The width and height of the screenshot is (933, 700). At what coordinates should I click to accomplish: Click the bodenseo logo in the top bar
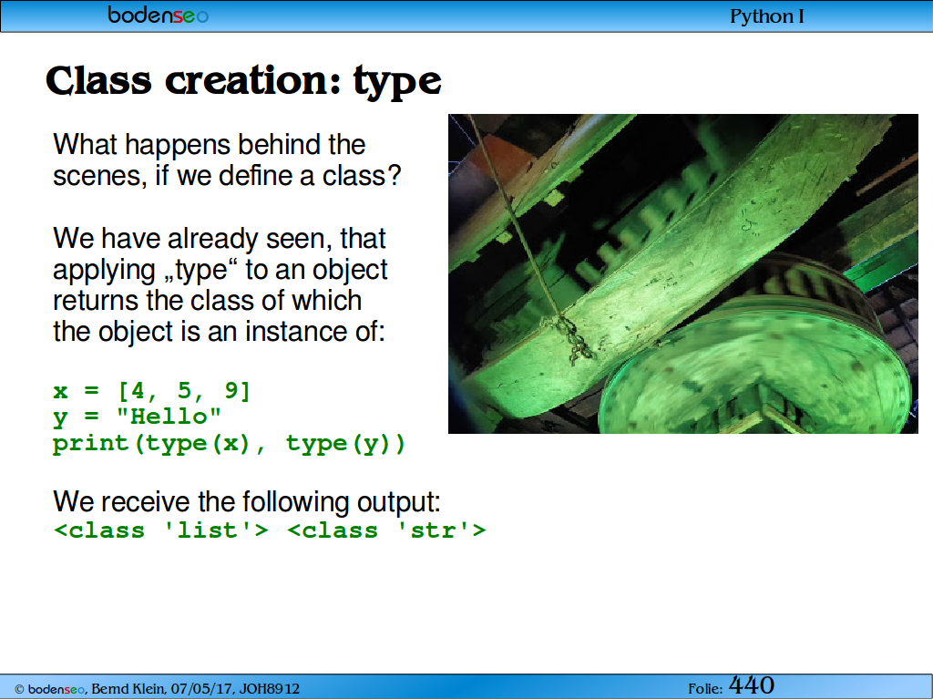point(158,15)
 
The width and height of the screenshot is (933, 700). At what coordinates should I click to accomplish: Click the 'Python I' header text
point(767,16)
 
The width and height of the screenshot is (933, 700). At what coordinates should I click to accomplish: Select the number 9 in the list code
point(231,390)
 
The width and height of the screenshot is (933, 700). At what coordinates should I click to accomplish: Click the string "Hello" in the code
point(169,416)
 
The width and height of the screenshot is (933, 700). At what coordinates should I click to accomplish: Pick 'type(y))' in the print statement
point(345,444)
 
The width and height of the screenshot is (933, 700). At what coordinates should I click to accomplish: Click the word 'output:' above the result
point(399,502)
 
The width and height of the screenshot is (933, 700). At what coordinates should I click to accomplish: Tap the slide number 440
point(752,685)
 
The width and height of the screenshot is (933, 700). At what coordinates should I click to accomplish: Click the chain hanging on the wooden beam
point(571,339)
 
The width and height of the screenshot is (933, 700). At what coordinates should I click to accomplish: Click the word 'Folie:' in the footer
point(706,689)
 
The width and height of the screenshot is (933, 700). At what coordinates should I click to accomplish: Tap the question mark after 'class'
point(394,176)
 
